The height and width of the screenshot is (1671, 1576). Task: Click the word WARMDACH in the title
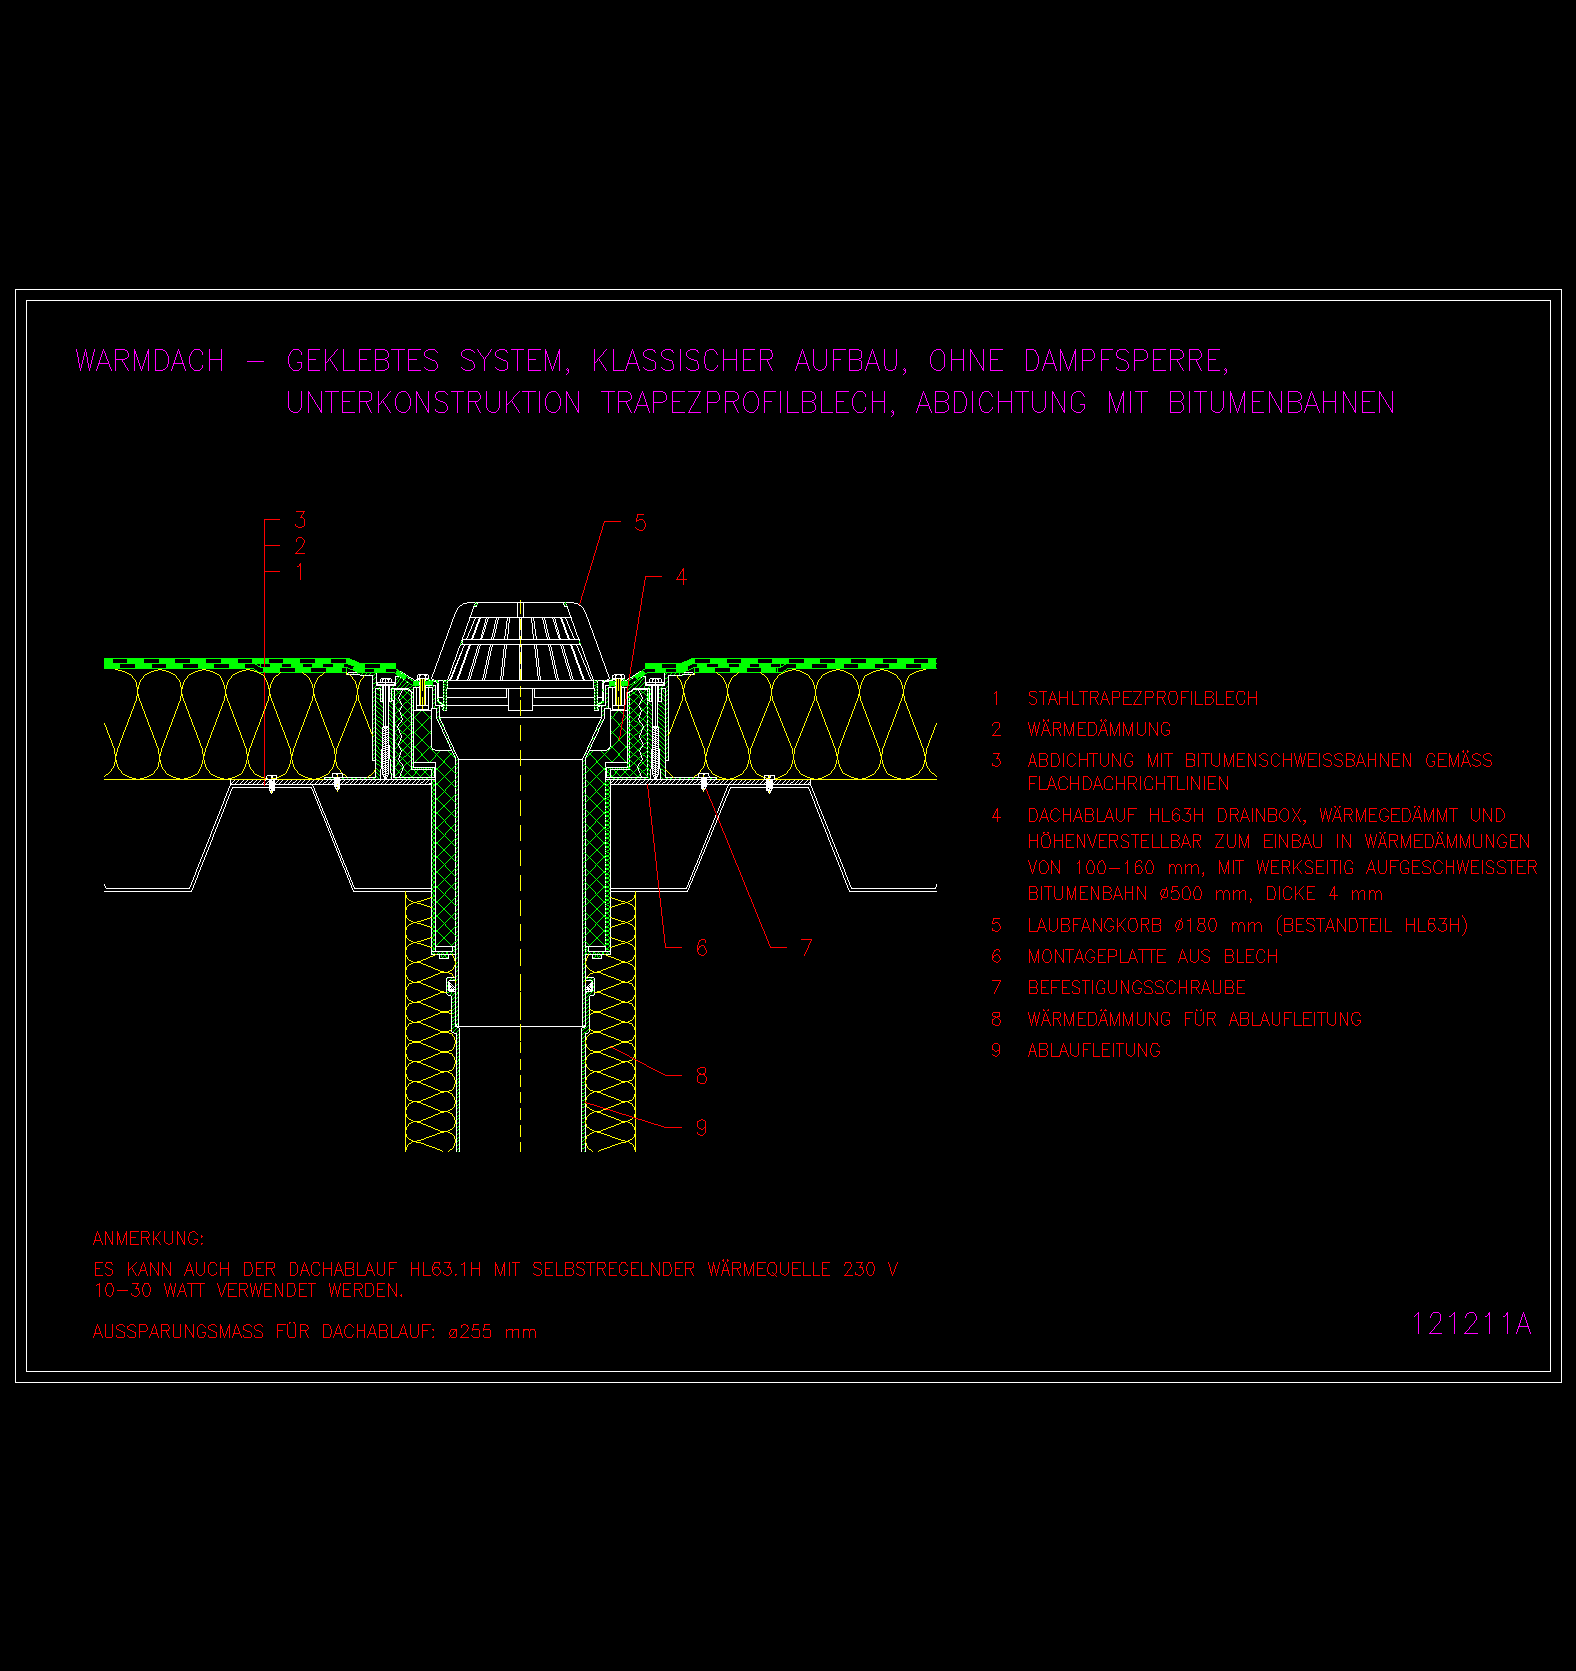[x=150, y=360]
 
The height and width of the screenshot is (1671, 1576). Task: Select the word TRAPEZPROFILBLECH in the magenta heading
[x=748, y=403]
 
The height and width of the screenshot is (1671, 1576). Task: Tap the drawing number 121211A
[x=1471, y=1324]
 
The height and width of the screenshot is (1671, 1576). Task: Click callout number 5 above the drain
[x=640, y=523]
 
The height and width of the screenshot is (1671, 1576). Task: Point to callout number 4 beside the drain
[x=681, y=577]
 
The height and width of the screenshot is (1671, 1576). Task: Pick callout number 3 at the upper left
[x=300, y=519]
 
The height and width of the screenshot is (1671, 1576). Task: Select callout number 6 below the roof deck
[x=702, y=947]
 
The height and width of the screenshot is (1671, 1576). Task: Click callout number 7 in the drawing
[x=806, y=947]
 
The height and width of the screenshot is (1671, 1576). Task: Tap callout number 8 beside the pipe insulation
[x=702, y=1076]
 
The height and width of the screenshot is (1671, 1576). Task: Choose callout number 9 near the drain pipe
[x=702, y=1128]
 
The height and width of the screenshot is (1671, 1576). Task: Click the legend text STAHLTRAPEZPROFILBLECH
[x=1143, y=699]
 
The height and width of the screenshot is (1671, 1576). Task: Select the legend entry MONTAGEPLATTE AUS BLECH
[x=1153, y=957]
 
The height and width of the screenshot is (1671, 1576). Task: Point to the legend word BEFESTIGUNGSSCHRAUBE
[x=1137, y=988]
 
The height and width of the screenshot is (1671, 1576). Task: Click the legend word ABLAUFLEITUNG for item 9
[x=1094, y=1051]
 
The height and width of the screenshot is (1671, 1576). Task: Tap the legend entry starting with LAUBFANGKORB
[x=1248, y=926]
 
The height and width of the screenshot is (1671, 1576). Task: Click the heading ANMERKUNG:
[x=148, y=1239]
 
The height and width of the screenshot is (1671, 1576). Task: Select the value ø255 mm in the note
[x=493, y=1332]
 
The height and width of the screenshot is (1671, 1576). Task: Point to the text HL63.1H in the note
[x=445, y=1270]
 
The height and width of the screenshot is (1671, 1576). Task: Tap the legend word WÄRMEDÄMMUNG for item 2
[x=1099, y=730]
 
